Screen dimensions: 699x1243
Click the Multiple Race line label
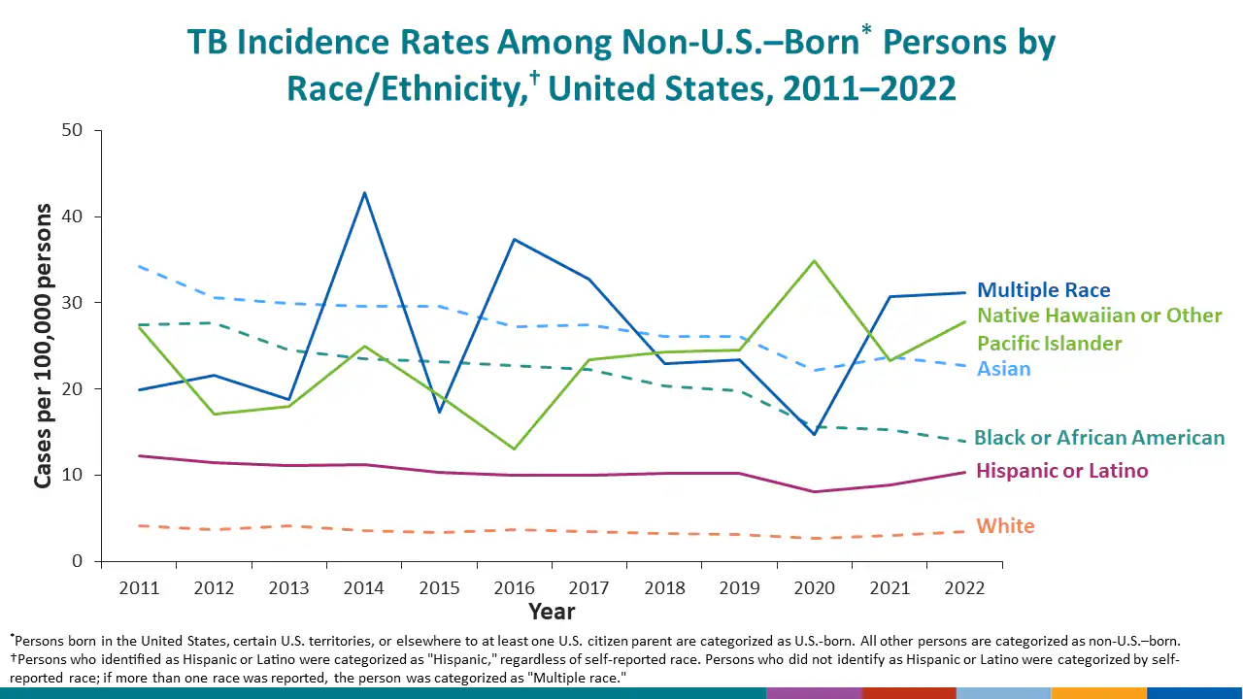[x=1043, y=290]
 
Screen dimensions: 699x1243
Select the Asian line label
[x=1004, y=369]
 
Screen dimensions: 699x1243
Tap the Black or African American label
[x=1099, y=438]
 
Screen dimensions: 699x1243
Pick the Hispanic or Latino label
[x=1061, y=471]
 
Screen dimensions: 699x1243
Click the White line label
[x=1005, y=526]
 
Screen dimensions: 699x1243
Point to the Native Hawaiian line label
[x=1098, y=329]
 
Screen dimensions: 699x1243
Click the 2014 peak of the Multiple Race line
[x=364, y=192]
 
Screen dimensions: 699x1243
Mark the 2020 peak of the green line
[x=814, y=260]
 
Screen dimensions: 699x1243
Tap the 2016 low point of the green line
[x=514, y=449]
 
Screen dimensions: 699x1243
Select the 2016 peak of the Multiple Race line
[x=514, y=239]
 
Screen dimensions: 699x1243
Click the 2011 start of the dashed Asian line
[x=139, y=265]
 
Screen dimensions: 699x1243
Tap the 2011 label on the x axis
[x=139, y=588]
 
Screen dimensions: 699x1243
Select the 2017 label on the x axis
[x=588, y=588]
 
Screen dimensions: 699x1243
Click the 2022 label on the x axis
[x=963, y=588]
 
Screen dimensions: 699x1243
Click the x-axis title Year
[x=552, y=612]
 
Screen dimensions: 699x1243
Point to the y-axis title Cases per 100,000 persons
[x=44, y=346]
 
